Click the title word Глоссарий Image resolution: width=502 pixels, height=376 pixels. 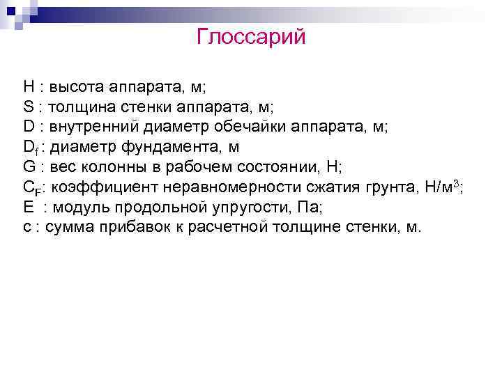[x=251, y=36]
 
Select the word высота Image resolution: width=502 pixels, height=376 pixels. [x=75, y=88]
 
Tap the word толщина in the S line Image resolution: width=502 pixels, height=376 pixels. [x=82, y=108]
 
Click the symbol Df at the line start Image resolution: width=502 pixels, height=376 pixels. [x=29, y=148]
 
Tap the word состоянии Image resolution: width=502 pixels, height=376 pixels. [x=264, y=167]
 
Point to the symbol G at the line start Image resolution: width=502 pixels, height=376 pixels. [x=29, y=167]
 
